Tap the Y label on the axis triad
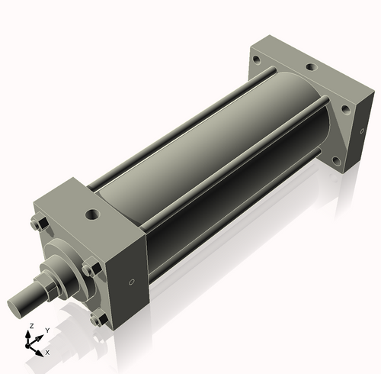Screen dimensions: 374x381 tap(46, 330)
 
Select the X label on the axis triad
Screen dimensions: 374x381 tap(47, 353)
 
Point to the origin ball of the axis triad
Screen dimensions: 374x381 tap(33, 344)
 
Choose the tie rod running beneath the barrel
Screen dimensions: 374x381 tap(229, 229)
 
